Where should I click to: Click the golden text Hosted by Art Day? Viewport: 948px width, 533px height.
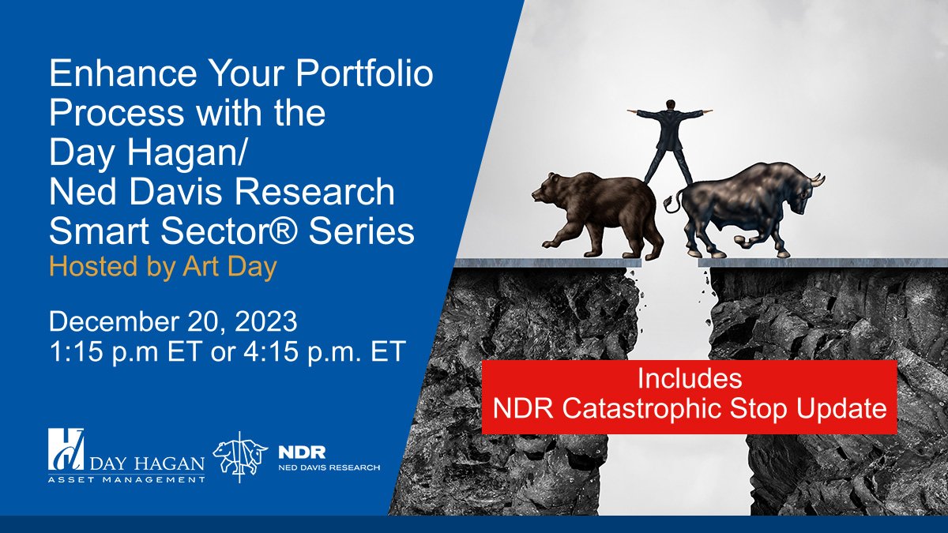[163, 267]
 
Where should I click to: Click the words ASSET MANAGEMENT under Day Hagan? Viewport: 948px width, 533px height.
[126, 478]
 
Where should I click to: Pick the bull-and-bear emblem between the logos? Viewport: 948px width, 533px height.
[240, 456]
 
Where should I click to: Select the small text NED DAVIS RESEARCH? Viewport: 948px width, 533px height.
[329, 467]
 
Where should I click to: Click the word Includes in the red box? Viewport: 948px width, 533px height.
[689, 378]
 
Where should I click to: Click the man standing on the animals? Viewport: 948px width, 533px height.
[670, 138]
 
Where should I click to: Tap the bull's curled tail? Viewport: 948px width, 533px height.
[673, 205]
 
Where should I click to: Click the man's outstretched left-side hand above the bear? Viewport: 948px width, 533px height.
[632, 111]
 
